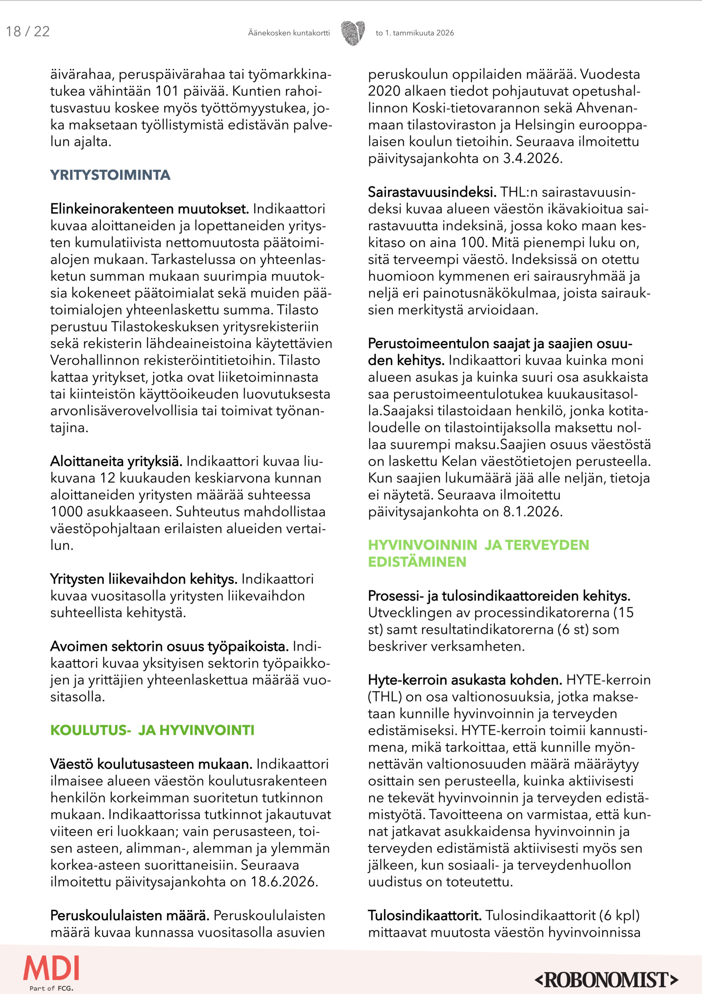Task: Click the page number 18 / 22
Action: point(28,32)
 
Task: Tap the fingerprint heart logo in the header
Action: point(353,33)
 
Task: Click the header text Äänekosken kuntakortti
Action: point(288,33)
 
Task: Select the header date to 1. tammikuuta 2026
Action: point(415,33)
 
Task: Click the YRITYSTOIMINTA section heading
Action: point(110,175)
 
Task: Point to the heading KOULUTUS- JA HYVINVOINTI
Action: point(152,730)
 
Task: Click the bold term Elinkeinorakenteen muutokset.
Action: point(149,209)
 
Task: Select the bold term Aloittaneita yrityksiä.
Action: point(116,462)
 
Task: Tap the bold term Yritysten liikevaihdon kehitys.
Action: point(144,579)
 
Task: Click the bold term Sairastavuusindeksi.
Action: point(432,192)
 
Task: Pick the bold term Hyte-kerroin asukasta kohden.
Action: point(465,680)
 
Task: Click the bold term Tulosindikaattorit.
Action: point(424,916)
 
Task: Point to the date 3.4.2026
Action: point(532,158)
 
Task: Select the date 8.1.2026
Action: point(532,512)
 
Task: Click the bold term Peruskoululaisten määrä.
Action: point(129,916)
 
